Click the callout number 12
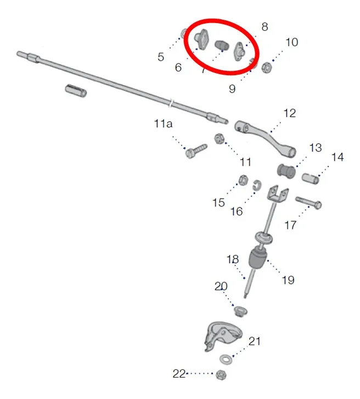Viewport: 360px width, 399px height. pos(290,113)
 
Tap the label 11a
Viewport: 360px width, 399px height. pos(163,123)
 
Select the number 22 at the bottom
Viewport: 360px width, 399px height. pos(179,374)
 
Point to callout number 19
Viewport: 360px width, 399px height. pos(288,280)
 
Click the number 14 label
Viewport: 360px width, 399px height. pos(337,157)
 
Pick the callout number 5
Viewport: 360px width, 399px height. pos(161,57)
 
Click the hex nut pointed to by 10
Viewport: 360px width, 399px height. pos(267,68)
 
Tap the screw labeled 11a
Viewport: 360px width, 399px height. pos(196,151)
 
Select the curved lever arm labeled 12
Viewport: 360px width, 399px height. pos(265,138)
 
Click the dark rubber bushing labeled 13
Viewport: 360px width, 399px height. pos(286,171)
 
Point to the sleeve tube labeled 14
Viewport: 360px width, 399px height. pos(311,178)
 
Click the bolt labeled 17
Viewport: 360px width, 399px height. pos(308,203)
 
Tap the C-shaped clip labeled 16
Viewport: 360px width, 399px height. pos(257,186)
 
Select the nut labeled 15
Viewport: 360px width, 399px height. pos(243,180)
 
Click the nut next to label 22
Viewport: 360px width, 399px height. pos(221,374)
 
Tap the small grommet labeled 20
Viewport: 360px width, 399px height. pos(240,311)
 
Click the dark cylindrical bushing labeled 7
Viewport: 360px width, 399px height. pos(222,46)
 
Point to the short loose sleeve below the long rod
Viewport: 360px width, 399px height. pos(76,91)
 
